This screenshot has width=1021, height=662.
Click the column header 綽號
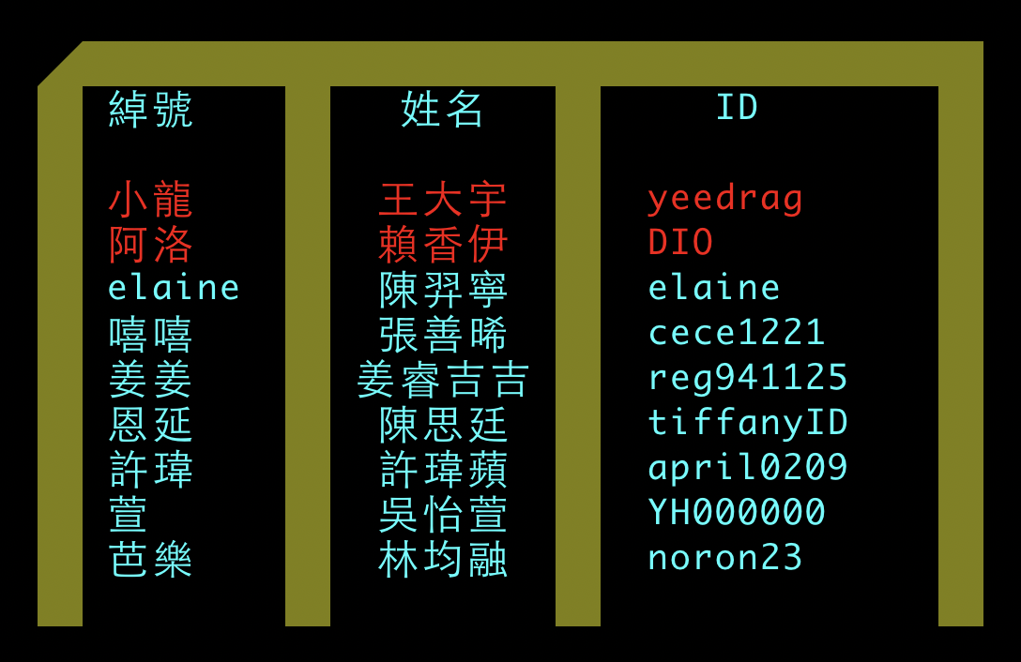pyautogui.click(x=151, y=110)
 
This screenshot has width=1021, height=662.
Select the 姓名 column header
pyautogui.click(x=443, y=110)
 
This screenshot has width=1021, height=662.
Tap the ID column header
pyautogui.click(x=737, y=108)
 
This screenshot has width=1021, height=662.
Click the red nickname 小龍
pyautogui.click(x=151, y=200)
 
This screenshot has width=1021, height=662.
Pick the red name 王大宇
pyautogui.click(x=443, y=200)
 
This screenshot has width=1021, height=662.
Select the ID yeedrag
pyautogui.click(x=725, y=199)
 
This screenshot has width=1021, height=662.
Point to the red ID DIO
pyautogui.click(x=680, y=243)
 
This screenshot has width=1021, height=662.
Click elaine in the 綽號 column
pyautogui.click(x=174, y=288)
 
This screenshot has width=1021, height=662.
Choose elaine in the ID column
pyautogui.click(x=714, y=288)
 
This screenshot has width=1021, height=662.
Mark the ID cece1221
pyautogui.click(x=737, y=333)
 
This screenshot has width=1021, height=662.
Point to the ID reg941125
pyautogui.click(x=748, y=378)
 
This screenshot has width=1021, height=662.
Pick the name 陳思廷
pyautogui.click(x=443, y=425)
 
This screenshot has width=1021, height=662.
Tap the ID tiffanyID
pyautogui.click(x=748, y=423)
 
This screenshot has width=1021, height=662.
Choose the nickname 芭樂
pyautogui.click(x=151, y=560)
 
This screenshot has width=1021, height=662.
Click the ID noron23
pyautogui.click(x=725, y=558)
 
